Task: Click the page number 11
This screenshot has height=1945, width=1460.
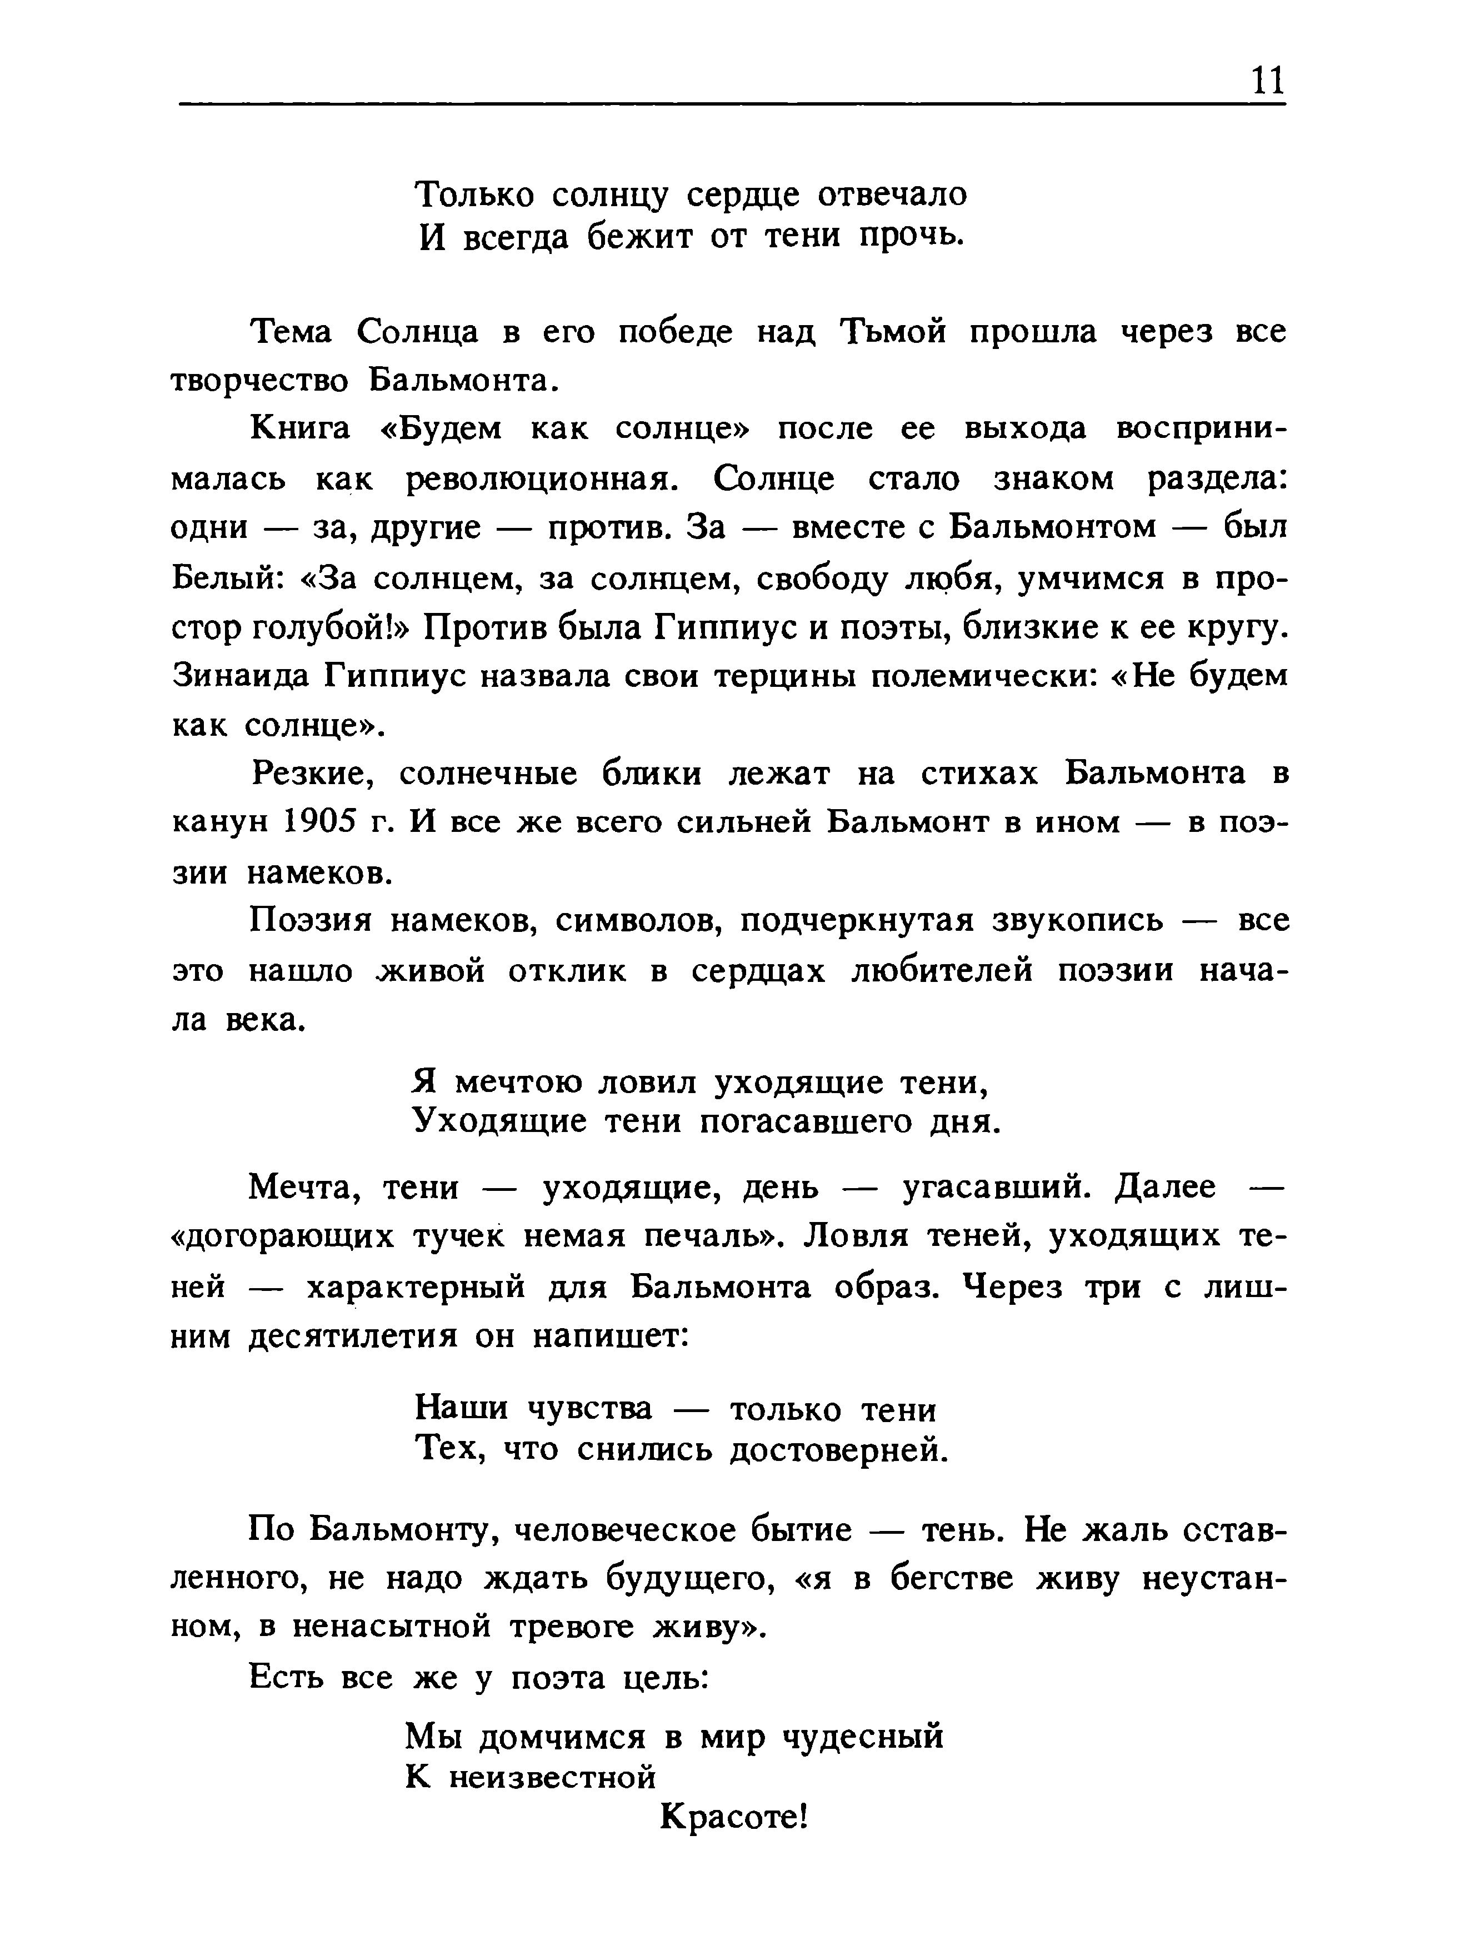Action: coord(1267,81)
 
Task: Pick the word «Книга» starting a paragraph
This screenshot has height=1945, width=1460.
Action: coord(300,428)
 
